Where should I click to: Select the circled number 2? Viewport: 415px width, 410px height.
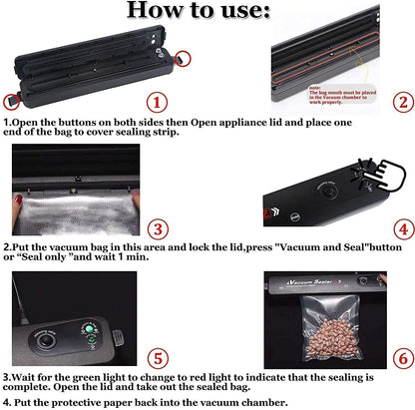(400, 101)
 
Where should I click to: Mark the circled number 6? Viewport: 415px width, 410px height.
(400, 357)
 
